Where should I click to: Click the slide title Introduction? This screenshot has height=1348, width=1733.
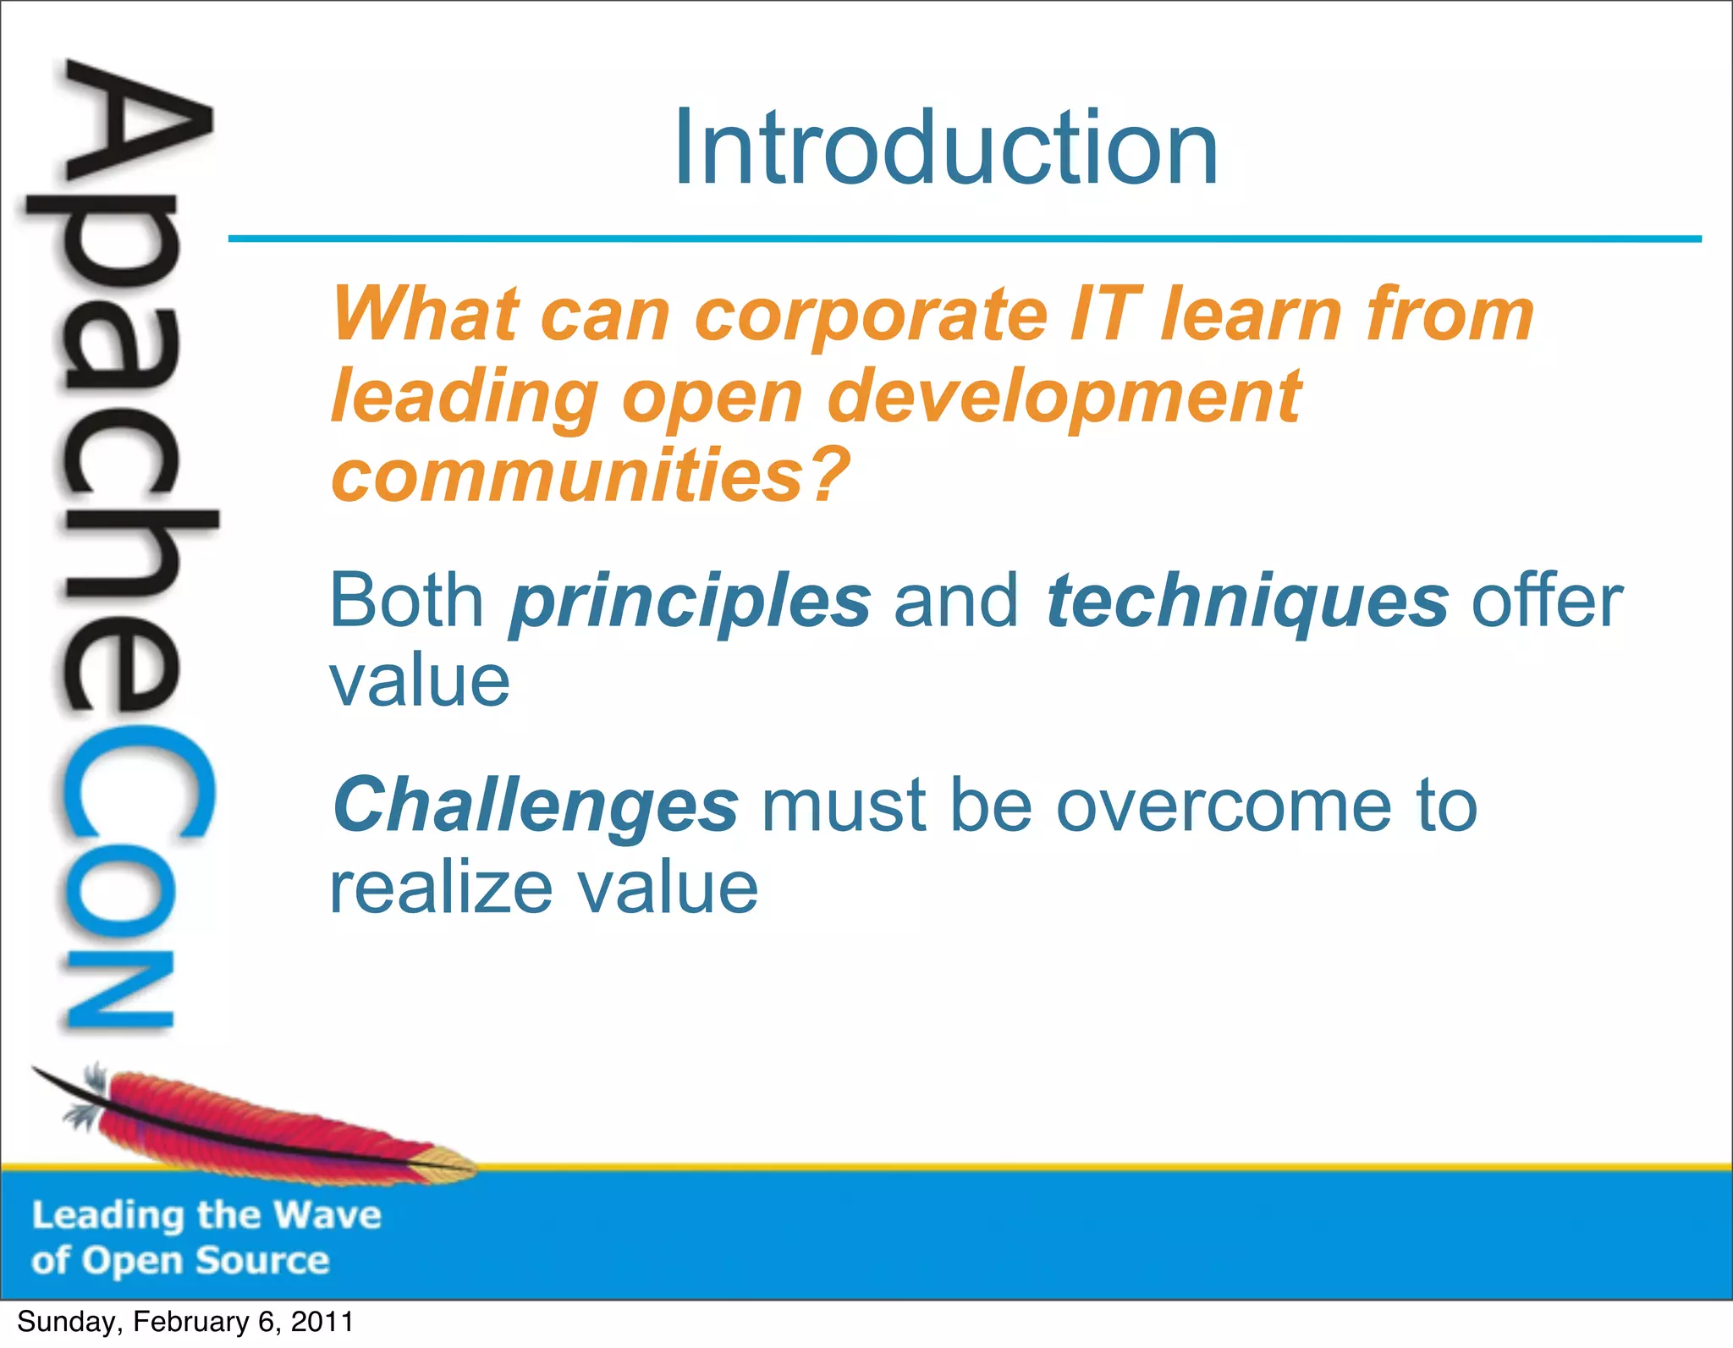point(945,150)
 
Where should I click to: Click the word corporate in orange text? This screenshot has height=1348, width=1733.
point(872,315)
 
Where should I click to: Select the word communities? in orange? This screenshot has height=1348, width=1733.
point(591,475)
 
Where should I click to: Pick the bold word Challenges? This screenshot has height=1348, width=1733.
point(535,806)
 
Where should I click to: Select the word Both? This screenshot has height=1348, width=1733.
point(406,601)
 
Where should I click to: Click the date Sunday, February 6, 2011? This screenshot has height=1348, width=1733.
point(184,1322)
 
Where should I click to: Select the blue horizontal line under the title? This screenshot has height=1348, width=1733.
point(965,239)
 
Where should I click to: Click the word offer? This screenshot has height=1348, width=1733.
point(1547,601)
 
